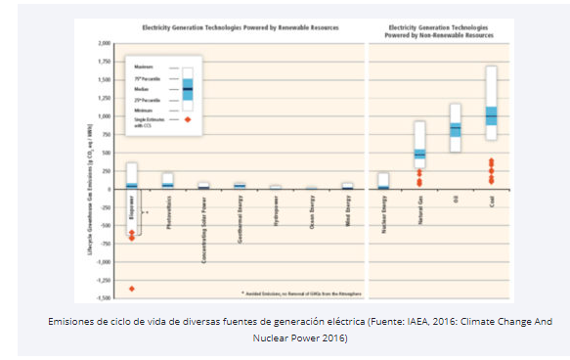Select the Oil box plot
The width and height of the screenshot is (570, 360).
(x=455, y=127)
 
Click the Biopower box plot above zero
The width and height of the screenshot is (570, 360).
(x=132, y=177)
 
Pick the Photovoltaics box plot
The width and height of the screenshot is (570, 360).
(x=167, y=180)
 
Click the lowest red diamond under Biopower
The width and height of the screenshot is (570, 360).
(x=132, y=289)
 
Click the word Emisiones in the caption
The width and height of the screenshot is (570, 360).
(x=68, y=321)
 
